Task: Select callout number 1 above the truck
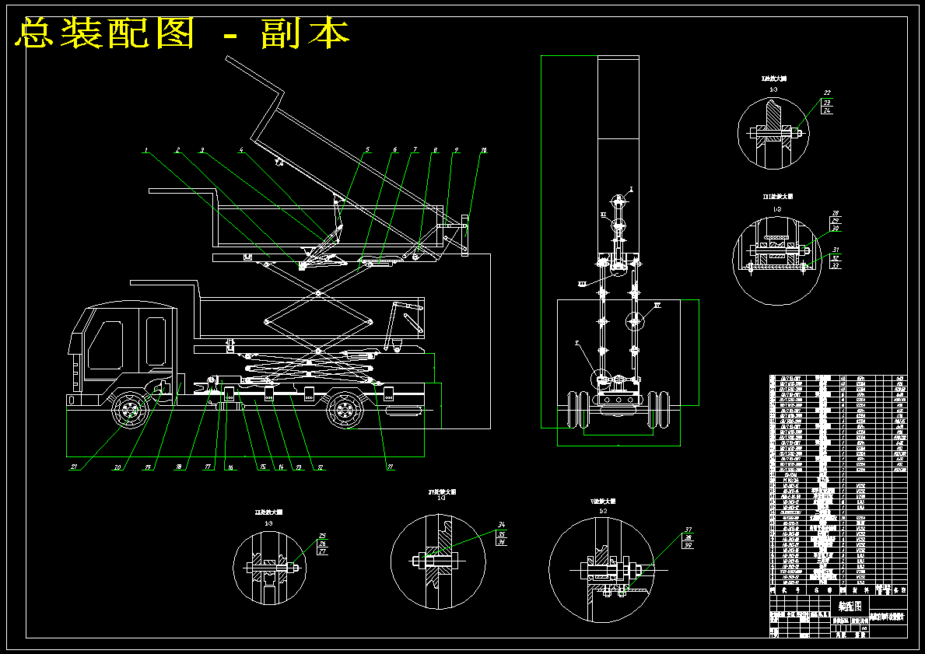(x=145, y=150)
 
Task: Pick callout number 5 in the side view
(x=368, y=149)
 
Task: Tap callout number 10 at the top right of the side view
(x=483, y=149)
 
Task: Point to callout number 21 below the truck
(x=75, y=467)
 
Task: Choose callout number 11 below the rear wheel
(x=389, y=467)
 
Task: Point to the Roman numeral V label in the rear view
(x=576, y=343)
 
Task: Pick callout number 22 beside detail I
(x=827, y=93)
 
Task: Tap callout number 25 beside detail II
(x=322, y=535)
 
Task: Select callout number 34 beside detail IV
(x=502, y=525)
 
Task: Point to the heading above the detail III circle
(x=776, y=198)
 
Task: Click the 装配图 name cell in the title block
(x=850, y=604)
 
